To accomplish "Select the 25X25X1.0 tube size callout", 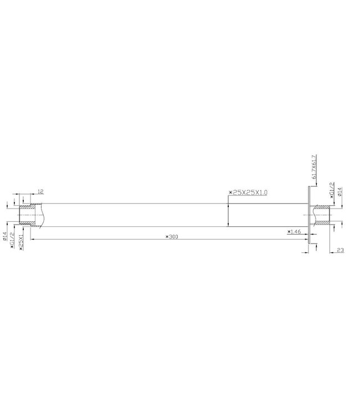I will tap(248, 192).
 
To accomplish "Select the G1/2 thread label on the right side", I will tap(332, 189).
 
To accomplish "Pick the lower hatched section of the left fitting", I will tap(29, 223).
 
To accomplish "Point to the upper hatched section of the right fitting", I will tap(321, 209).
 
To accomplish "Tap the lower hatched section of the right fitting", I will tap(321, 223).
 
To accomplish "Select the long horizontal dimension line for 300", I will tap(111, 240).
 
